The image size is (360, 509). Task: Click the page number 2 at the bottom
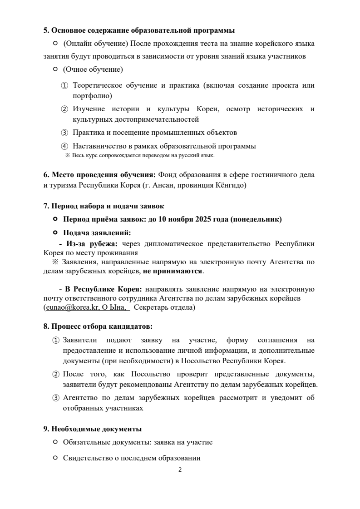180,469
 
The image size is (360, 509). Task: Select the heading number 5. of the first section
46,31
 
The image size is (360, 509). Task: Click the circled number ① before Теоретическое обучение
64,85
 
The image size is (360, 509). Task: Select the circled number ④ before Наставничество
64,146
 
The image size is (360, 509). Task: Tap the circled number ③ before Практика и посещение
64,133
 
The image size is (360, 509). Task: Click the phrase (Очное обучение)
93,69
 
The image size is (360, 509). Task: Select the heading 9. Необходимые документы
93,429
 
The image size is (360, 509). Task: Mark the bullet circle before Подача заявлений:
55,232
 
